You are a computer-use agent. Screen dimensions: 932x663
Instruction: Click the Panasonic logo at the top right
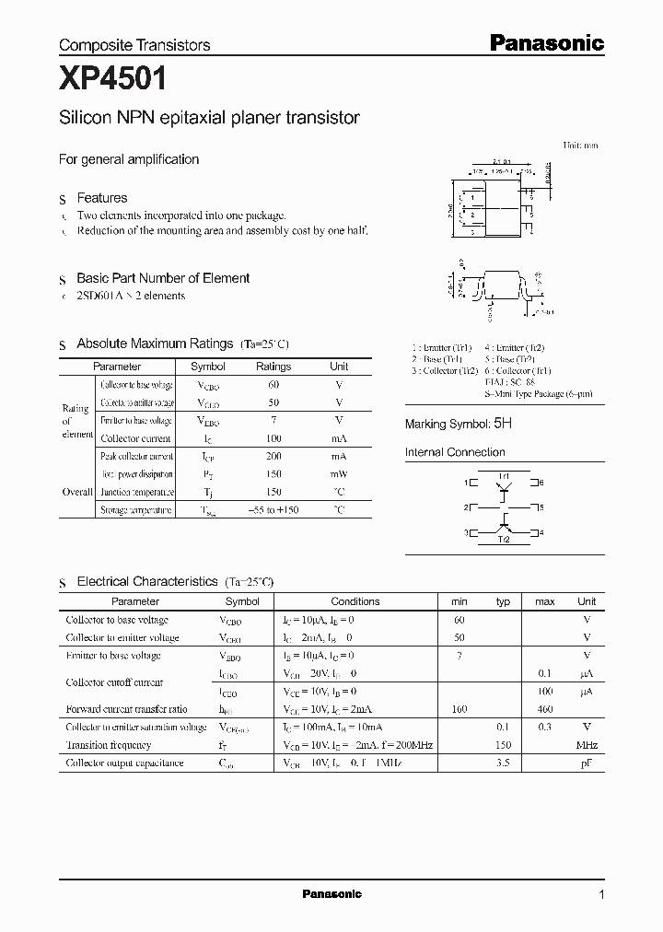(x=546, y=42)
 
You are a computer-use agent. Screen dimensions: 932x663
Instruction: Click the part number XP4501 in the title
(x=112, y=79)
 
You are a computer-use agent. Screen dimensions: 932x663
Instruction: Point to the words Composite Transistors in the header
(x=134, y=44)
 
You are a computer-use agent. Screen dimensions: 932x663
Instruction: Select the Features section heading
(x=101, y=198)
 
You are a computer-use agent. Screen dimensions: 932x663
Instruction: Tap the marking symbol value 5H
(x=502, y=424)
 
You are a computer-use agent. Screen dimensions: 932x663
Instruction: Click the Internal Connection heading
(x=455, y=452)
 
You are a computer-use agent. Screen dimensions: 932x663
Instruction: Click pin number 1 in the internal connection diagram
(x=465, y=483)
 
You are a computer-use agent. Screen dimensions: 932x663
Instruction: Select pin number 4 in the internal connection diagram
(x=541, y=532)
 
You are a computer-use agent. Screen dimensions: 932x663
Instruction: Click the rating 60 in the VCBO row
(x=273, y=385)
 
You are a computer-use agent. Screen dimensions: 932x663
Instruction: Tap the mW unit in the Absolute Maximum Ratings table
(x=339, y=474)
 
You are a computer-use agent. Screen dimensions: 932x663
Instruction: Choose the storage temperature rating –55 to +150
(x=273, y=509)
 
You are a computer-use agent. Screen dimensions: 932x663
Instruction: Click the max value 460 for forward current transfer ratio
(x=544, y=709)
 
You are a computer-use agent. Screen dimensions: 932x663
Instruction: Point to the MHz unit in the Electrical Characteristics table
(x=587, y=744)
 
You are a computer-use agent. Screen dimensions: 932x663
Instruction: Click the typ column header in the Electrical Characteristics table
(x=503, y=601)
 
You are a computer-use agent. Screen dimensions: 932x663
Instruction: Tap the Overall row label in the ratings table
(x=76, y=492)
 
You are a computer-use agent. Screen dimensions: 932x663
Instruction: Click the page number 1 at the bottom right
(x=601, y=894)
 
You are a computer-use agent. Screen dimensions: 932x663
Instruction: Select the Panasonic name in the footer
(x=332, y=894)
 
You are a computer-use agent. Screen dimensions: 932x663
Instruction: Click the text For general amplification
(x=129, y=159)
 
